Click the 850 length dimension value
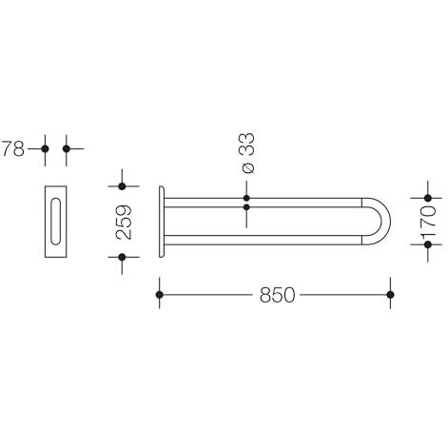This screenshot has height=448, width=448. click(x=278, y=295)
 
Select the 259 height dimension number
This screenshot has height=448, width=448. click(x=124, y=222)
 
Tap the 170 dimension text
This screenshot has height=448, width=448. click(x=428, y=222)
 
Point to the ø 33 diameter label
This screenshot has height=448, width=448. click(x=248, y=153)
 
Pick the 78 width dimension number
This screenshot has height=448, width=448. click(x=13, y=148)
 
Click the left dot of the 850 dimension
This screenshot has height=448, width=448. click(x=160, y=295)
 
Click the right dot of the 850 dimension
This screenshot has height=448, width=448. click(x=390, y=295)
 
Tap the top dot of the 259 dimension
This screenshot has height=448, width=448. click(x=122, y=186)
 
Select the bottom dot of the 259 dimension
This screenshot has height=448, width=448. click(x=122, y=257)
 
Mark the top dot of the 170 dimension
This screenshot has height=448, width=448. click(x=428, y=198)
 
